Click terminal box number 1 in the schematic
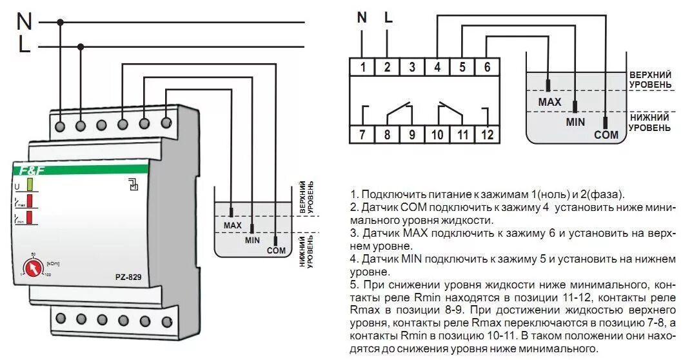(x=363, y=66)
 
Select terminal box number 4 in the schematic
(x=437, y=66)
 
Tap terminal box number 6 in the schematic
(x=486, y=66)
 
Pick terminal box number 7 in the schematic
(x=363, y=134)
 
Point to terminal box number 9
(x=412, y=134)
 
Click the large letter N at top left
(x=24, y=21)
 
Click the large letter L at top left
(x=24, y=46)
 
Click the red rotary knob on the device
(x=30, y=266)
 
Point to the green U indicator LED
(x=30, y=187)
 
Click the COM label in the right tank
(x=606, y=135)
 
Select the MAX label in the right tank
(x=549, y=102)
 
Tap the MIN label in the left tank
(x=252, y=240)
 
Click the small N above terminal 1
(x=362, y=17)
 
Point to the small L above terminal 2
(x=388, y=17)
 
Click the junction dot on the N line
(x=61, y=22)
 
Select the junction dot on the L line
(x=81, y=46)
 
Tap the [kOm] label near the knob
(x=52, y=263)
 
